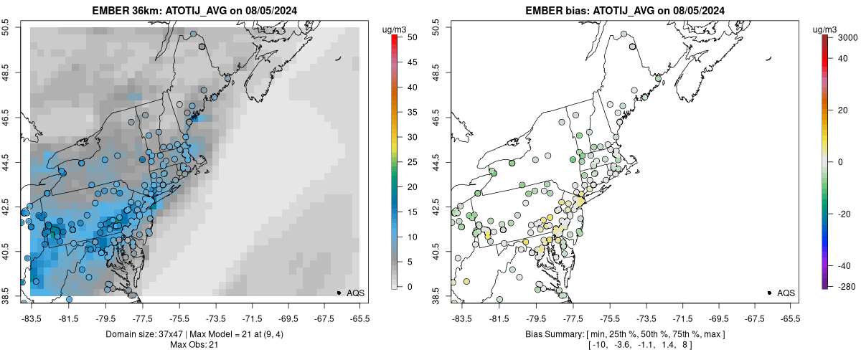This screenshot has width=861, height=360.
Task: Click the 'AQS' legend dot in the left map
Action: pyautogui.click(x=338, y=293)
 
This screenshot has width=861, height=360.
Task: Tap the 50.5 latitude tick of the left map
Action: pyautogui.click(x=6, y=28)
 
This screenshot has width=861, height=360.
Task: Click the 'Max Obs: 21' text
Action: pyautogui.click(x=194, y=345)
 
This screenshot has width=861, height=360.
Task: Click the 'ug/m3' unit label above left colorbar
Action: pyautogui.click(x=396, y=29)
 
